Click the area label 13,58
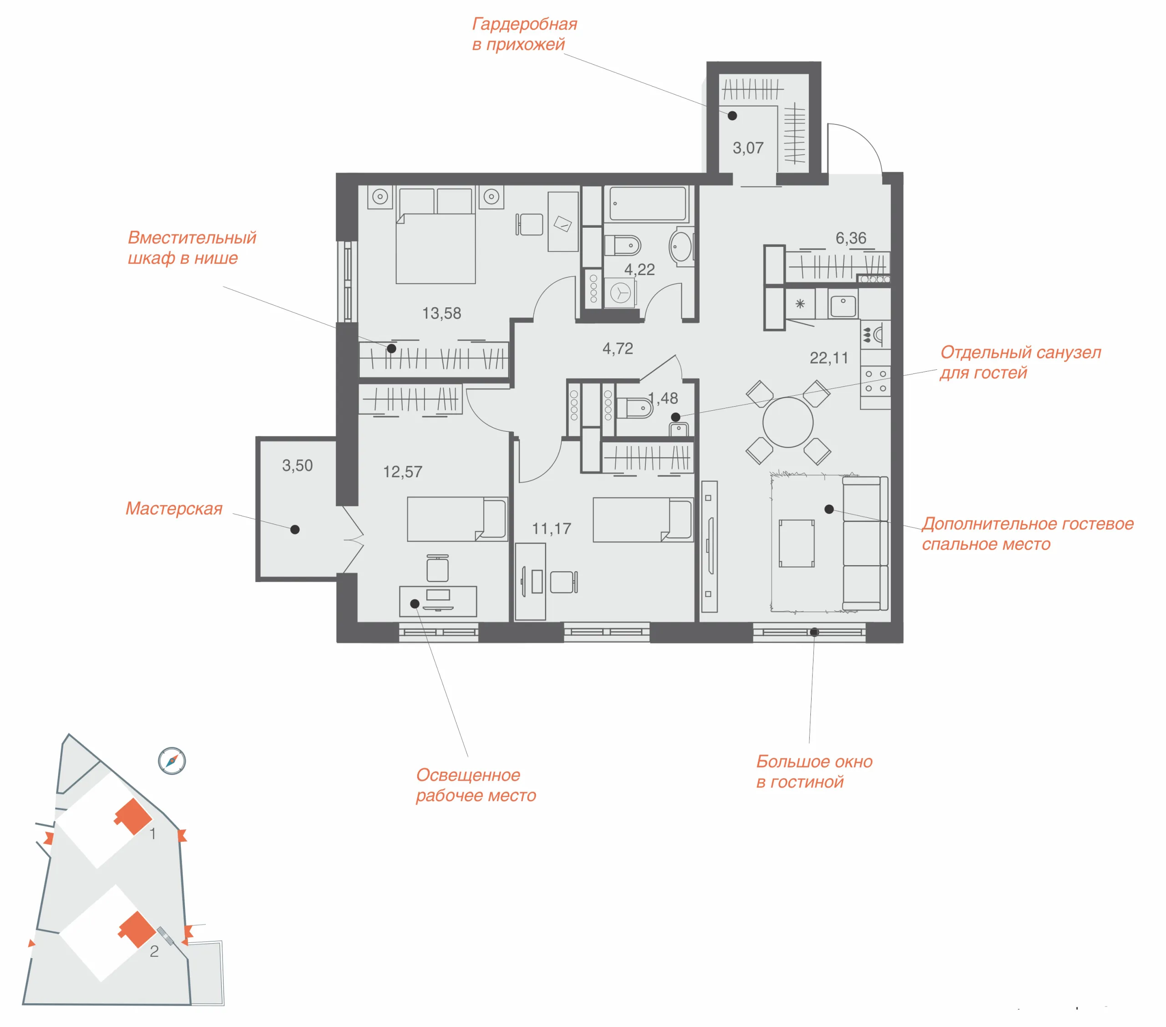coord(441,313)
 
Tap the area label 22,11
coord(829,358)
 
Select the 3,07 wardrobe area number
coord(748,148)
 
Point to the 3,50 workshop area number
coord(297,465)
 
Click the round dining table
coord(788,422)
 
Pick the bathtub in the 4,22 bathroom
coord(648,204)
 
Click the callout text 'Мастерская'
coord(174,509)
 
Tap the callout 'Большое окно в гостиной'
coord(814,772)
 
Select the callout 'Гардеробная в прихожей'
coord(524,34)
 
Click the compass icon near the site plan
coord(172,761)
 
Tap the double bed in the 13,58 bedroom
coord(436,235)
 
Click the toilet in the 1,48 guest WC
coord(635,407)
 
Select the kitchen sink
coord(843,307)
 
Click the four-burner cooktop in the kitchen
coord(875,381)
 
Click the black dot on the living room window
coord(814,632)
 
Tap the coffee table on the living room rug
coord(796,543)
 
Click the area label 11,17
coord(551,529)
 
